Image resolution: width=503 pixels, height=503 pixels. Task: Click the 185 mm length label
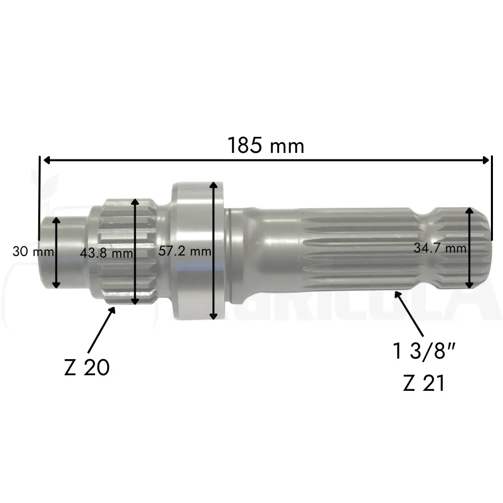coord(266,146)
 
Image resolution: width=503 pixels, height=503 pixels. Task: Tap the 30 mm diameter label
coord(33,251)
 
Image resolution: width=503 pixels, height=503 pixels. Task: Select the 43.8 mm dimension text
coord(106,253)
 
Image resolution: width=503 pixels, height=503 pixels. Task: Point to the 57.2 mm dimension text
coord(185,251)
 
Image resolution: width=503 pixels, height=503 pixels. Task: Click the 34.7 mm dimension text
coord(440,248)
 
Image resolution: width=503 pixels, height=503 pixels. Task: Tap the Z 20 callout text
coord(87,368)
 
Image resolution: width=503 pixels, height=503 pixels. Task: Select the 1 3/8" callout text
coord(424,351)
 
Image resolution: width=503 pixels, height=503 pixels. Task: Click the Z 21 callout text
coord(424,383)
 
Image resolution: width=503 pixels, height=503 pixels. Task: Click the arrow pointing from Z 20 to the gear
coord(102,329)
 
